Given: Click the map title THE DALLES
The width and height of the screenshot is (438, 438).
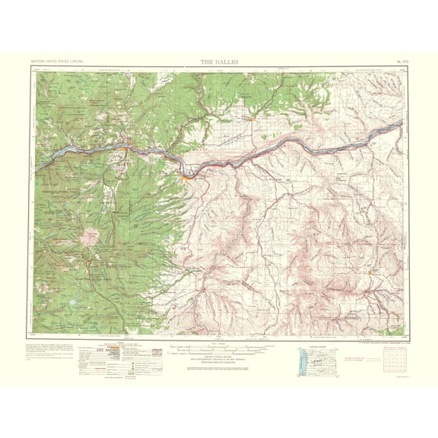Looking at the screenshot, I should pos(218,61).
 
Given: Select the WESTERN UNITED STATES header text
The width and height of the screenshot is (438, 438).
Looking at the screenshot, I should pos(57,61).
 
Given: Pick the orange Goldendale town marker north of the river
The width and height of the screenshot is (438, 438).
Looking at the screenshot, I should pos(249,118).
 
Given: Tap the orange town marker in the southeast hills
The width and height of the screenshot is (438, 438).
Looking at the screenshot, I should pos(370,271).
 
